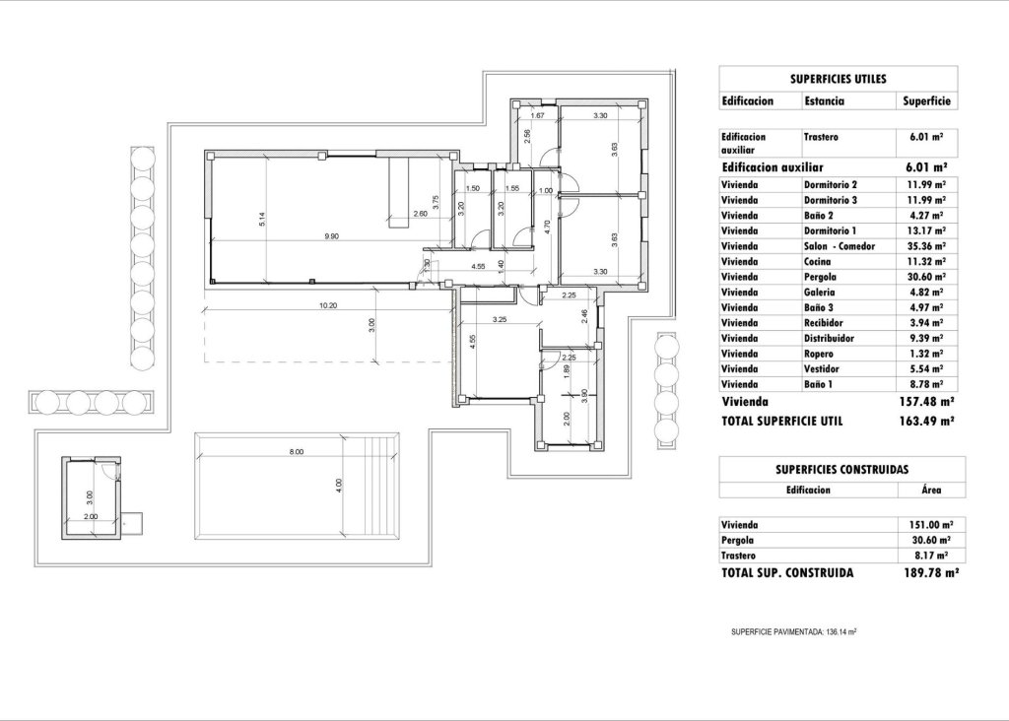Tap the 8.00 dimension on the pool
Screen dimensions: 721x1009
[297, 451]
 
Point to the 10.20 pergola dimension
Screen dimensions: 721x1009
[328, 305]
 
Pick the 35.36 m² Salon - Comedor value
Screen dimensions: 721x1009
[925, 245]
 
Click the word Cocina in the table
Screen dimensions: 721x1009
[817, 261]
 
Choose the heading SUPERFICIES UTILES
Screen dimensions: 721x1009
[838, 78]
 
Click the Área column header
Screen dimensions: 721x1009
[931, 489]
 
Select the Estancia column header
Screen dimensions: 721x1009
[825, 100]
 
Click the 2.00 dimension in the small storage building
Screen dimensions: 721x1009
[91, 515]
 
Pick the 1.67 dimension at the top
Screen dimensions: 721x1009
[537, 116]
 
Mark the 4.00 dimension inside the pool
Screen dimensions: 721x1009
[338, 485]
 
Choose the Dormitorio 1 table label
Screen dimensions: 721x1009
[831, 230]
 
